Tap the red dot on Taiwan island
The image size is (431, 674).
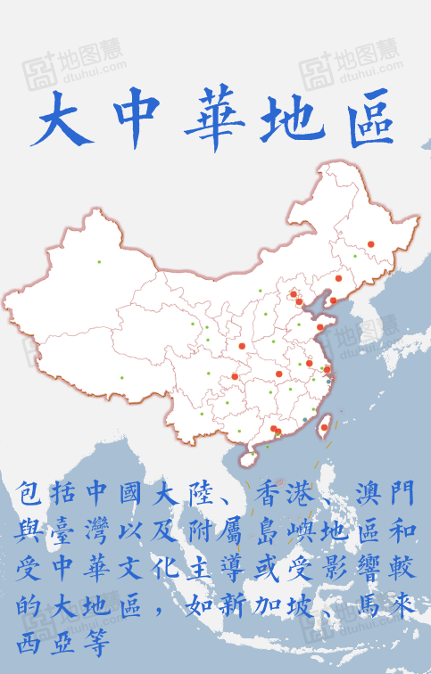pos(323,427)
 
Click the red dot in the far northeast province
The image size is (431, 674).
pos(370,243)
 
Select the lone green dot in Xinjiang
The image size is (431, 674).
pos(99,261)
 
